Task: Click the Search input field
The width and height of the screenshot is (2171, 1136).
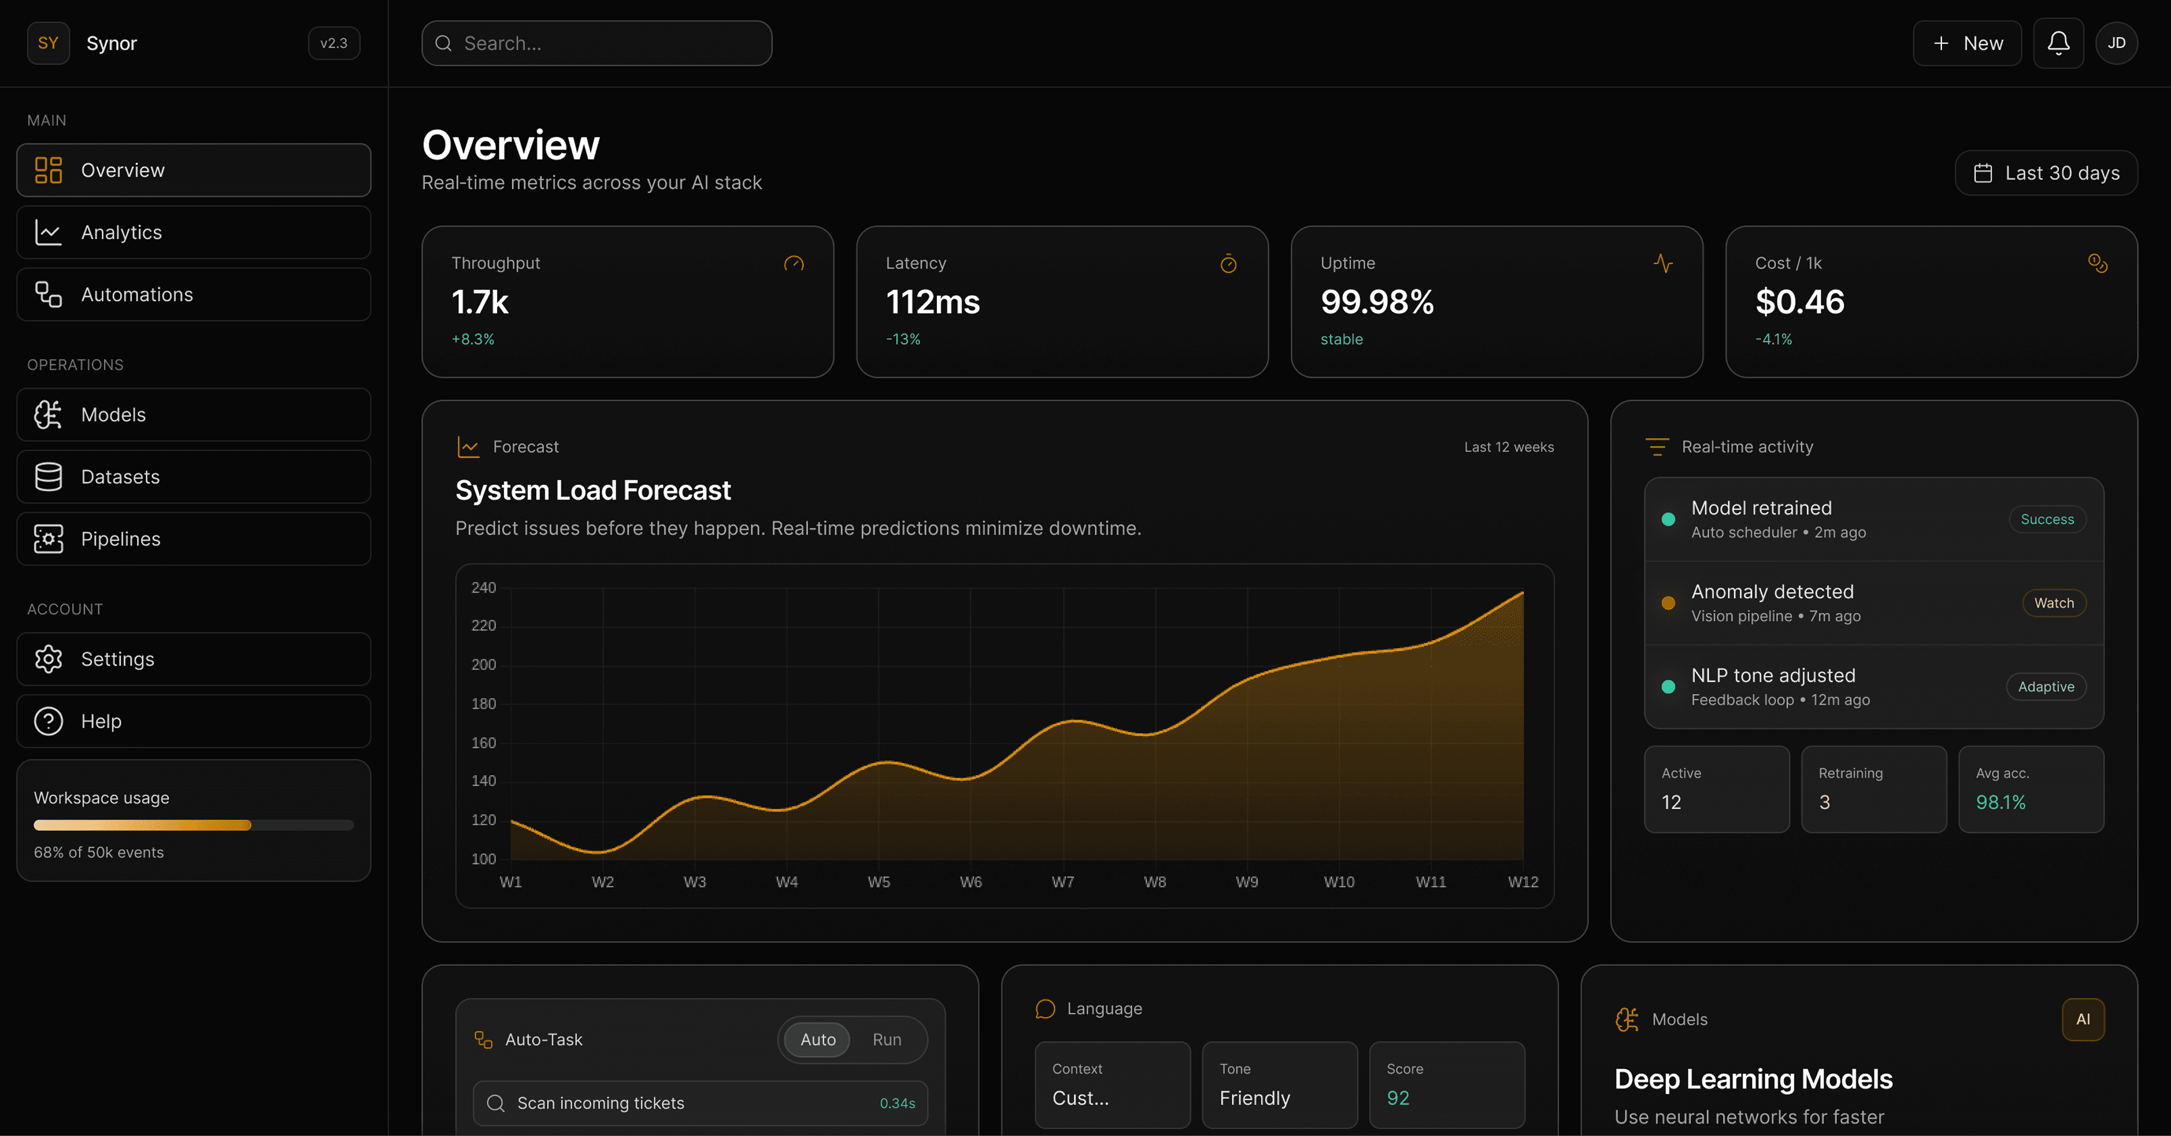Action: pos(596,43)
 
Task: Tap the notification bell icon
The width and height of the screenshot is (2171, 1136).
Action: pos(2058,43)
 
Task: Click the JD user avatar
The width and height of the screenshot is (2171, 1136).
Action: pos(2116,43)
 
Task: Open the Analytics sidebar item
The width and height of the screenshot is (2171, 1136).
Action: pos(194,232)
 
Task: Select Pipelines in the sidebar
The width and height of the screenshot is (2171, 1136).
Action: pos(194,539)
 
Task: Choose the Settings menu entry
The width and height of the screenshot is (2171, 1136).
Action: pos(194,659)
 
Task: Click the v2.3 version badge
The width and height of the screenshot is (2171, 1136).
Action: pos(334,43)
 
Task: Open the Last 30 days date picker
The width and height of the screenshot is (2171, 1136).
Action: pos(2046,172)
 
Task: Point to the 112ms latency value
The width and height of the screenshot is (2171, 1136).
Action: pos(933,302)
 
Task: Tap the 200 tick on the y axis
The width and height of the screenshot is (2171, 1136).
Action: pos(484,665)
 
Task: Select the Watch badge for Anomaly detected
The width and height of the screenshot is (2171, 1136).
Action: pos(2054,603)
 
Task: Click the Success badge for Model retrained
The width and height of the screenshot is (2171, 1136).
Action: pos(2047,519)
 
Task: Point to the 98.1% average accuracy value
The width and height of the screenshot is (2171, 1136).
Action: pos(2001,802)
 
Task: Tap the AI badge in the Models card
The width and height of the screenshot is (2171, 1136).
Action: pos(2082,1019)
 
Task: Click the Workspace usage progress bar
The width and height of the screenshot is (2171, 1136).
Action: pos(194,825)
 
